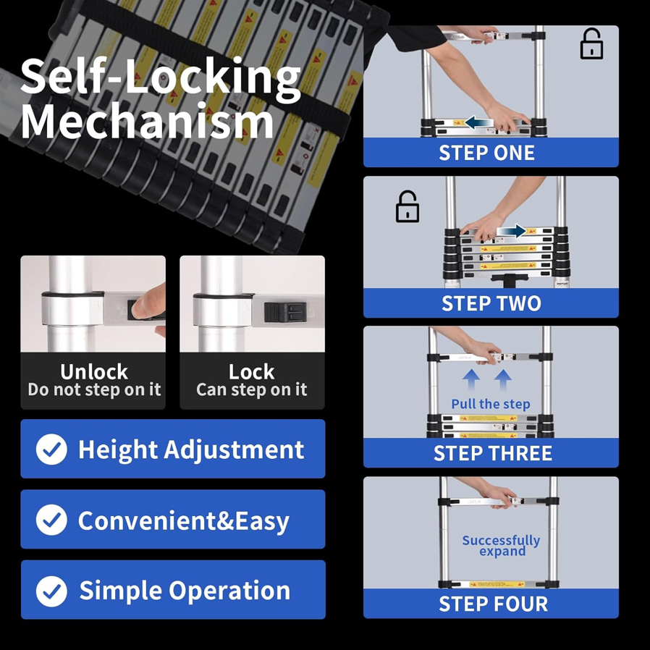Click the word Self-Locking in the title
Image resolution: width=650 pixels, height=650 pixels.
point(160,76)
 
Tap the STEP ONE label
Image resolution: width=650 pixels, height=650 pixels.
point(486,153)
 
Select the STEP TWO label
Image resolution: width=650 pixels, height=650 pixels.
point(491,303)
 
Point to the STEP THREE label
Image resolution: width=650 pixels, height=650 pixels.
point(492,454)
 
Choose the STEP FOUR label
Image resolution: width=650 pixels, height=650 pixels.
point(493,604)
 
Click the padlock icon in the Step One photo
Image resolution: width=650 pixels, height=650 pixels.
point(591,46)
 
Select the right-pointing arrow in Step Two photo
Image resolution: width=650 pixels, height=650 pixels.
point(512,232)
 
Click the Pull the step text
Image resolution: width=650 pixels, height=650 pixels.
point(490,404)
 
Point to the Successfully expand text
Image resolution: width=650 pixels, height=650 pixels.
point(501,546)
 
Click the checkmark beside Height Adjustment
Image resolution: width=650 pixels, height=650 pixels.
point(51,449)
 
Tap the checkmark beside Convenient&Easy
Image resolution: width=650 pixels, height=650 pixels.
point(51,520)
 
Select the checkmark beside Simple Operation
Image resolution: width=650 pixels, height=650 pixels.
point(51,591)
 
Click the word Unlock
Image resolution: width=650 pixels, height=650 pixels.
point(93,371)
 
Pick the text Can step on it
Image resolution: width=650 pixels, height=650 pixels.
point(251,389)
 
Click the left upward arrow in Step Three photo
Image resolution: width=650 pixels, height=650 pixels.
point(471,379)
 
